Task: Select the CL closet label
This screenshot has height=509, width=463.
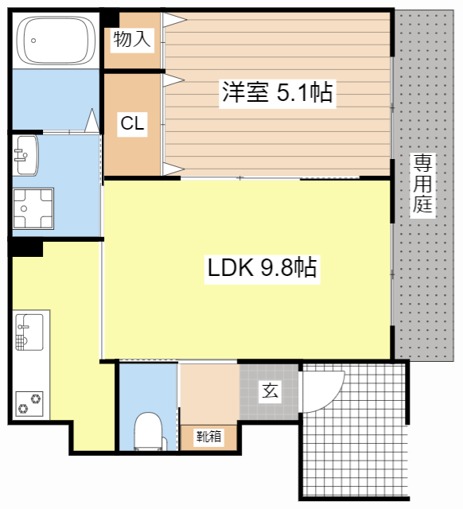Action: click(x=132, y=123)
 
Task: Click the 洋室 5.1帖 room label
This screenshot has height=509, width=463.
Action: click(x=277, y=94)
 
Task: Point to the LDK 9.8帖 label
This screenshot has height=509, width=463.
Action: click(x=263, y=268)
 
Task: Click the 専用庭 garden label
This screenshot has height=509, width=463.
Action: click(x=422, y=185)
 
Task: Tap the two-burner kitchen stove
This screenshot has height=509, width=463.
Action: click(x=30, y=402)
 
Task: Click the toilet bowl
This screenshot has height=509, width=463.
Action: click(x=148, y=432)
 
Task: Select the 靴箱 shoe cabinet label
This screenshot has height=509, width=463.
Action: click(x=209, y=437)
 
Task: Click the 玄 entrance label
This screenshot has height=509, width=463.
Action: click(x=270, y=390)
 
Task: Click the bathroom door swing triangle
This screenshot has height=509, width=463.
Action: click(x=92, y=122)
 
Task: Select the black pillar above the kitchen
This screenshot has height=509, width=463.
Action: click(x=26, y=248)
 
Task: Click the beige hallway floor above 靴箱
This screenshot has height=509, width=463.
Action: click(x=209, y=394)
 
